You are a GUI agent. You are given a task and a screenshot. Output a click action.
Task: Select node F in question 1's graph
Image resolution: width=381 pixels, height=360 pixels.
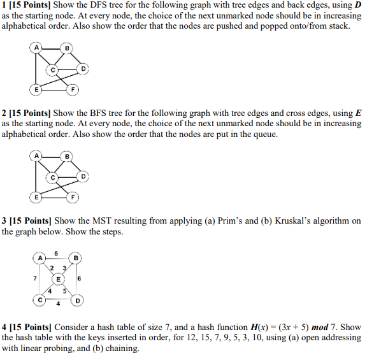coord(75,89)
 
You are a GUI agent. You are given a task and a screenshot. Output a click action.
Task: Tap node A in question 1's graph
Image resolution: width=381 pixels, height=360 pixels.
coord(36,48)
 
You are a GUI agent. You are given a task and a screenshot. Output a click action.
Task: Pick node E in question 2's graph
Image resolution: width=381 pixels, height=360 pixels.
coord(36,197)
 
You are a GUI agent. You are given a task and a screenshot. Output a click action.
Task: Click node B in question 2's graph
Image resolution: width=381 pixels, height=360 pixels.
coord(68,155)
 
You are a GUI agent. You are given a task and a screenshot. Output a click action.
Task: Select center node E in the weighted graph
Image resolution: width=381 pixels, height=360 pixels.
coord(59,279)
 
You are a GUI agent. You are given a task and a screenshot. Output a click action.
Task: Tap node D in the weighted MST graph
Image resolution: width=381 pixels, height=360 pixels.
coord(78,299)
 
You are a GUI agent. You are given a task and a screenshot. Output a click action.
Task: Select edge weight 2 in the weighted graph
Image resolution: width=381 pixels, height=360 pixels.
coord(52,268)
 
